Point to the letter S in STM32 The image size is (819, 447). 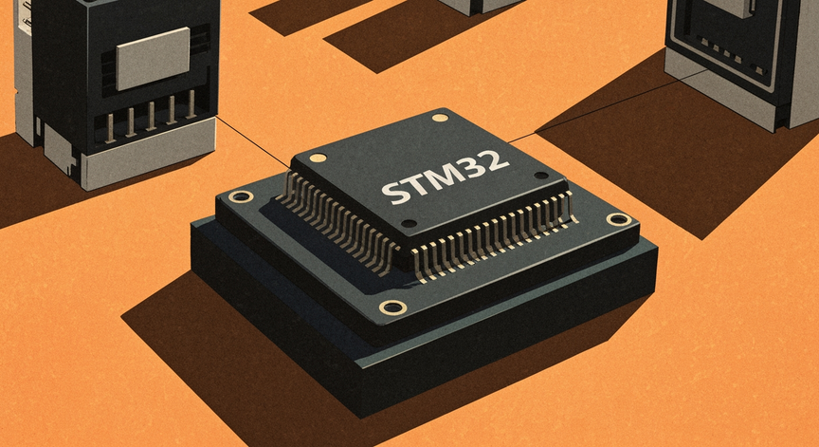click(x=391, y=193)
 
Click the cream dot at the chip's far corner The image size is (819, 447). click(x=439, y=118)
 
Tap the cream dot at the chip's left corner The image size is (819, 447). click(x=318, y=158)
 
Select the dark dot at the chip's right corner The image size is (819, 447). click(x=540, y=176)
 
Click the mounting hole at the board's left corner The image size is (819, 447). click(x=241, y=196)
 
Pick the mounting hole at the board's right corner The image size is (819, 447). click(x=618, y=219)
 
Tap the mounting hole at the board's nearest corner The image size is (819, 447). click(x=391, y=307)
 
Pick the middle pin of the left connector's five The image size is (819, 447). click(x=151, y=116)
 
